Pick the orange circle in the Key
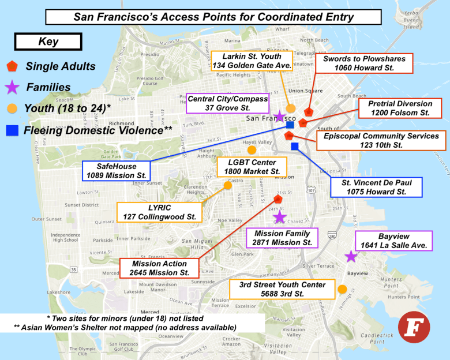12,108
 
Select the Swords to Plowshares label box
365,63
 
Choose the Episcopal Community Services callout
381,141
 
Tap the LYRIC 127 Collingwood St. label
160,212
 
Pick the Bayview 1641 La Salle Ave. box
393,241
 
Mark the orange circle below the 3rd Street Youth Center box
342,288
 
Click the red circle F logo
412,327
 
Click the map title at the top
213,16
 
